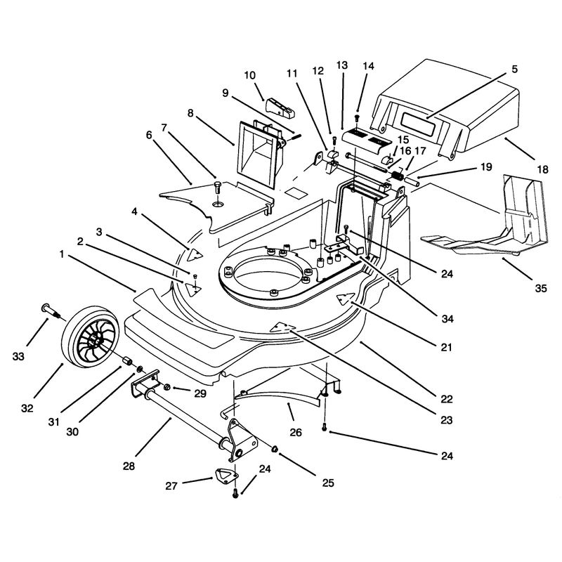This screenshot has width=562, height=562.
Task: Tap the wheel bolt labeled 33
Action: coord(52,311)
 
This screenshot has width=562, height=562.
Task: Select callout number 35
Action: coord(541,288)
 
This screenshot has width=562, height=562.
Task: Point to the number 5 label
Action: coord(515,68)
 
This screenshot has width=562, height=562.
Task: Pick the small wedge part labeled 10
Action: coord(280,107)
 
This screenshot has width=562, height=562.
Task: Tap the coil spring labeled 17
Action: coord(397,176)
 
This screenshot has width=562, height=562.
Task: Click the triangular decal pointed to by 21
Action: coord(345,298)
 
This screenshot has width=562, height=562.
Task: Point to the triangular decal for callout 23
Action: coord(282,327)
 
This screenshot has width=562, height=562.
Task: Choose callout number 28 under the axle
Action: coord(129,466)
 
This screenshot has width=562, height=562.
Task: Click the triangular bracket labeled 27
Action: coord(227,476)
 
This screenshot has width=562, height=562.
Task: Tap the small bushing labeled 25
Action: coord(275,449)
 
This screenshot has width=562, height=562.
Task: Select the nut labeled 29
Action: coord(167,387)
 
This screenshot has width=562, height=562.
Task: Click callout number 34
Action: coord(447,318)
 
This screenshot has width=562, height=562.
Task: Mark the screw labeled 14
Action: coord(357,118)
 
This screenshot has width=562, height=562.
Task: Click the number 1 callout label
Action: coord(62,254)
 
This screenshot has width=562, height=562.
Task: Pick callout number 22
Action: coord(447,398)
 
